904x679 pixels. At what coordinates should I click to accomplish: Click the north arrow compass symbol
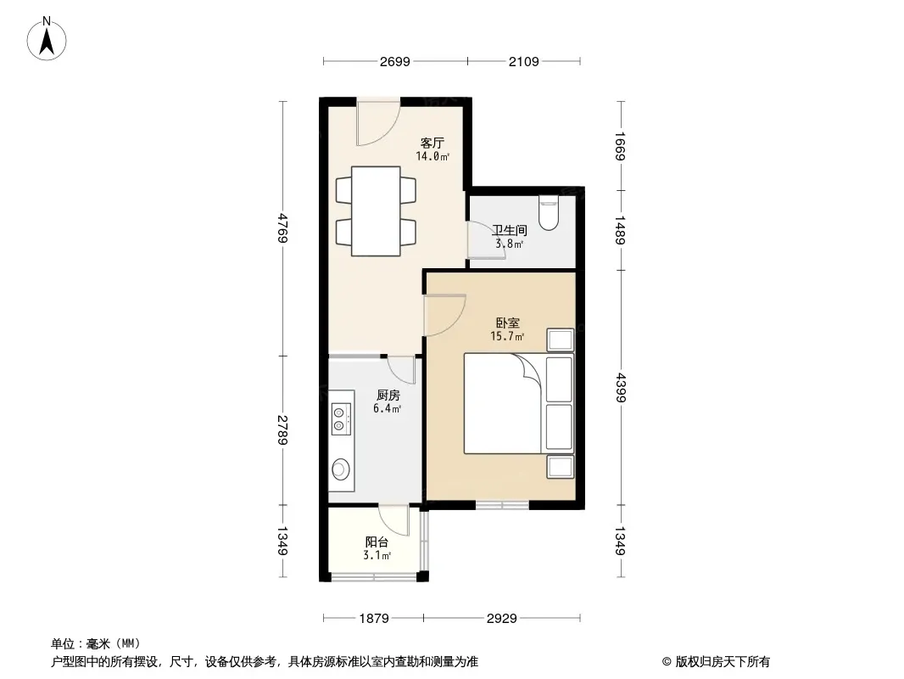[47, 39]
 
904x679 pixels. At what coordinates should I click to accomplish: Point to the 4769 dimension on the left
[282, 227]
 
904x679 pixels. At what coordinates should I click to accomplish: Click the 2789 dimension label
[282, 429]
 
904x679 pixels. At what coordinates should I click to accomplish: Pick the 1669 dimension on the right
[621, 147]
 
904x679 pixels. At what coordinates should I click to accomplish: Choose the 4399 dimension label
[621, 387]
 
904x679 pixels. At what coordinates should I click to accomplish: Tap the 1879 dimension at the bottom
[374, 619]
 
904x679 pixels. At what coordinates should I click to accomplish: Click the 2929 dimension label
[501, 619]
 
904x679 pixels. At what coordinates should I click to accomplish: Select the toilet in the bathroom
[549, 213]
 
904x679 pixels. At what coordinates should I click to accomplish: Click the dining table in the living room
[376, 211]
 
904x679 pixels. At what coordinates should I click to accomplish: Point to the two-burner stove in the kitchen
[341, 419]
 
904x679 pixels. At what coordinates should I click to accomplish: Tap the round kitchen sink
[340, 469]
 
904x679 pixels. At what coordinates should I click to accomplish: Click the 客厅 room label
[432, 143]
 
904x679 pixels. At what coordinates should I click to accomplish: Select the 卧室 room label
[508, 323]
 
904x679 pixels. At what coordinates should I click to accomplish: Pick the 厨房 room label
[388, 396]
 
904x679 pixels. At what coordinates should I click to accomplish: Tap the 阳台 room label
[377, 542]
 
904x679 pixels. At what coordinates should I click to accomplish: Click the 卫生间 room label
[510, 230]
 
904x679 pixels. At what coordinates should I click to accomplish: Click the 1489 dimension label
[621, 230]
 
